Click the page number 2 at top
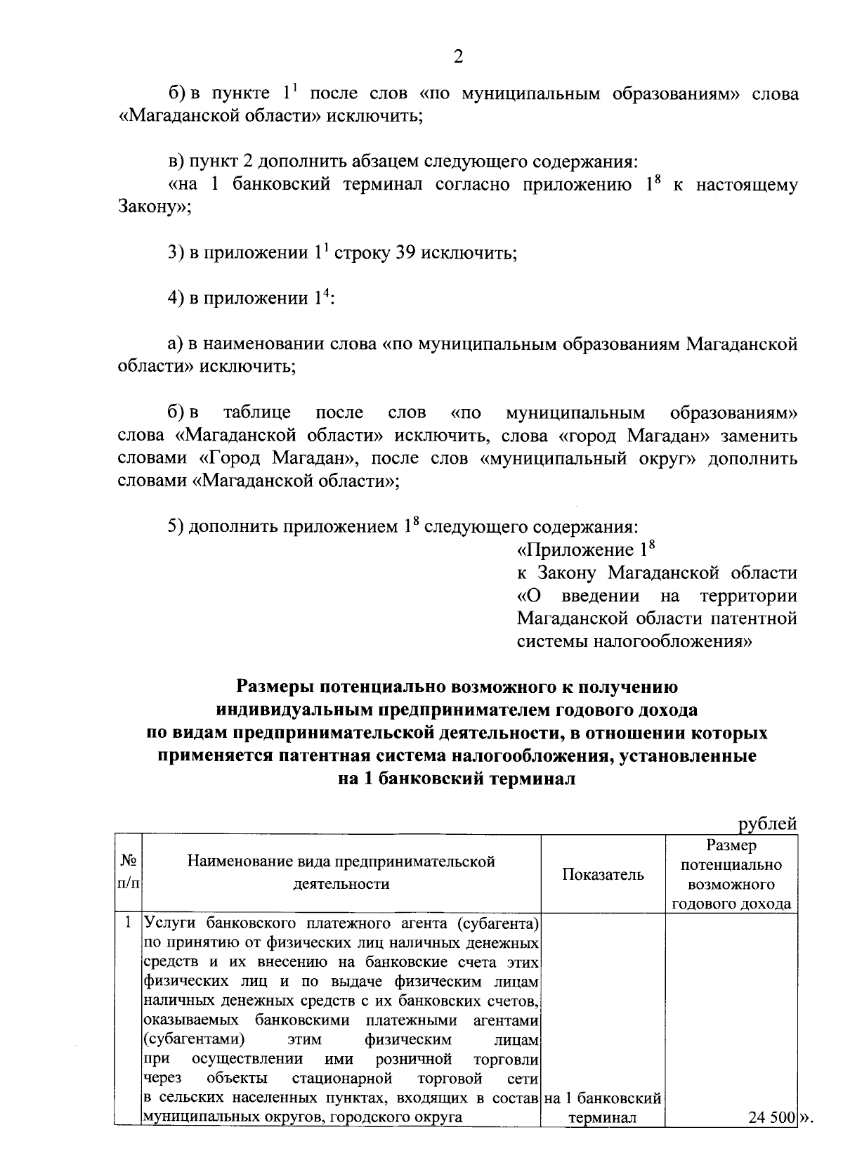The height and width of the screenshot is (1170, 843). [x=457, y=57]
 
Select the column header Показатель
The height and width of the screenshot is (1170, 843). [x=603, y=874]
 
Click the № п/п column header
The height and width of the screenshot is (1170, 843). [x=129, y=873]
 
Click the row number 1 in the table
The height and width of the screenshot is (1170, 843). [x=129, y=921]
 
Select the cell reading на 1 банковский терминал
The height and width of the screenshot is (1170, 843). [x=603, y=1107]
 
